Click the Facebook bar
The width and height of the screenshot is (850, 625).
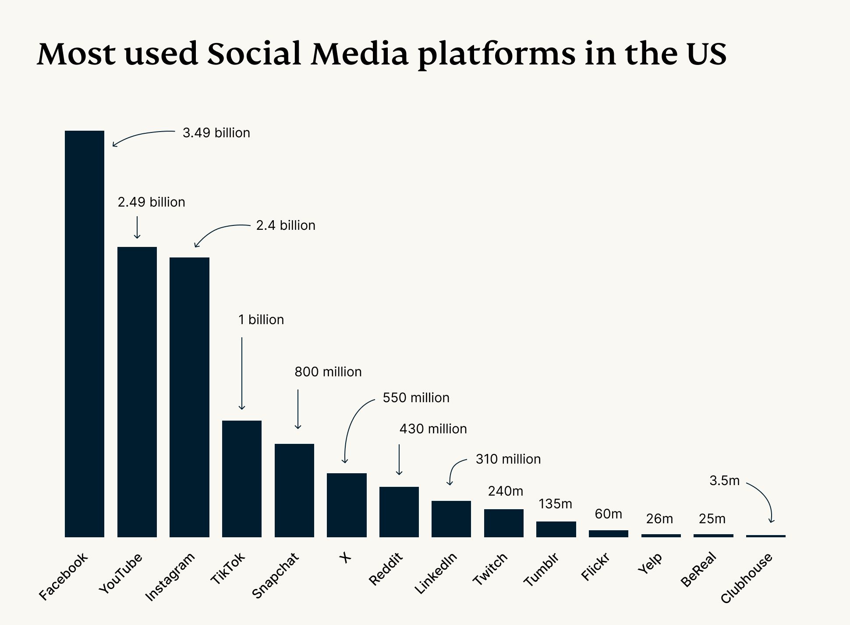[85, 333]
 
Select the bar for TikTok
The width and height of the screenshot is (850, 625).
[241, 479]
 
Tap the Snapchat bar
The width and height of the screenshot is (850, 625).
[294, 490]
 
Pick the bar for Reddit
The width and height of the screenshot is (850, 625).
[399, 512]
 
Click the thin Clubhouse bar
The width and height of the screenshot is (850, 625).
[765, 536]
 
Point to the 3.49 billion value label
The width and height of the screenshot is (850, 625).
[216, 133]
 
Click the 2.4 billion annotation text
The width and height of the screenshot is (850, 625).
[286, 225]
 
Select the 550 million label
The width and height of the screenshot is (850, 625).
[416, 398]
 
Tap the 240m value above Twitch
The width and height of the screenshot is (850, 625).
[505, 491]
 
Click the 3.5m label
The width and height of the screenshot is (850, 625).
[724, 481]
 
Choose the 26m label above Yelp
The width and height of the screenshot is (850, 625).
[659, 519]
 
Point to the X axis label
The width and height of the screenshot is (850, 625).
[345, 557]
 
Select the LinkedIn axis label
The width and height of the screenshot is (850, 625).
[436, 573]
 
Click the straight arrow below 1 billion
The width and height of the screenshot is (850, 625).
[241, 373]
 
